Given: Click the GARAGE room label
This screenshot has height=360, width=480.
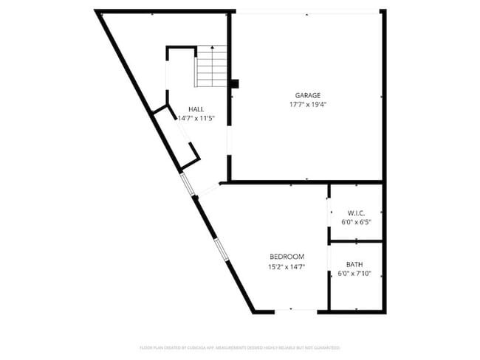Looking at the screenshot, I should point(307,95).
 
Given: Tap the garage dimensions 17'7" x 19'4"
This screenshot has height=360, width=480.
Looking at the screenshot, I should point(307,105).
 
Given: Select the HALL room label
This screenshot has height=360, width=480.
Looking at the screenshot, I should point(196,109).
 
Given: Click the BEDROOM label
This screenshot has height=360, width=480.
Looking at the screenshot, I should point(287,257).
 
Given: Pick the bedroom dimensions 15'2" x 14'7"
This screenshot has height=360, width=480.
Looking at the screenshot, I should point(287,267).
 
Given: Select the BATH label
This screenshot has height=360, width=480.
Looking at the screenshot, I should point(354,264).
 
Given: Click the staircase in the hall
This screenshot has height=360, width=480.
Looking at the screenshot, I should point(211,67).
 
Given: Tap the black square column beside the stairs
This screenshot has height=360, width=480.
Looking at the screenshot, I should point(234,83).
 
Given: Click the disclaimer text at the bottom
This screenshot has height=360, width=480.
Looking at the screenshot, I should point(240,347).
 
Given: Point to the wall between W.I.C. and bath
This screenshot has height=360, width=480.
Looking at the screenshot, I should point(356,241).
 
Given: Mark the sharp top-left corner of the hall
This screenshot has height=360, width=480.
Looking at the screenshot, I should point(99,13).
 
